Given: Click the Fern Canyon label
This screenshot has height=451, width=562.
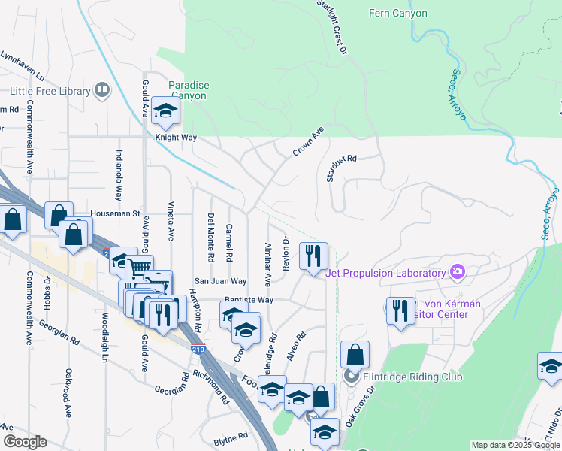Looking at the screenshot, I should (398, 13).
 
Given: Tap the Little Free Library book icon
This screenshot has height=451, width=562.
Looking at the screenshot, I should (102, 91).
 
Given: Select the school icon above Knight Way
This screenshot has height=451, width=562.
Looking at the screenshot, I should (164, 111).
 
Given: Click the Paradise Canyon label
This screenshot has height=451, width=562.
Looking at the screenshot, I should (189, 90).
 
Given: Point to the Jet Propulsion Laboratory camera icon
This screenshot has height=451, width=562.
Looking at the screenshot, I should (457, 271).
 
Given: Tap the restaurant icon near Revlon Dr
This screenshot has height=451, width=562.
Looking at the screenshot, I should (313, 256).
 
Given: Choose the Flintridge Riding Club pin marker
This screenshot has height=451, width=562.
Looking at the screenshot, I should (349, 375).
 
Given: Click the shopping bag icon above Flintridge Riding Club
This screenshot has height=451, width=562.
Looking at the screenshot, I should (355, 355).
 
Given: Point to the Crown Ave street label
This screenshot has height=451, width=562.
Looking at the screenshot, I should (307, 141).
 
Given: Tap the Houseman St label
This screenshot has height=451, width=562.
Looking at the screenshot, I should (116, 213).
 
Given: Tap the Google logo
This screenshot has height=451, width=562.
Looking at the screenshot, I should (25, 442).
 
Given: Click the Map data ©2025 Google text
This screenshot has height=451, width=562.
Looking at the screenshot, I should (515, 445).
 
